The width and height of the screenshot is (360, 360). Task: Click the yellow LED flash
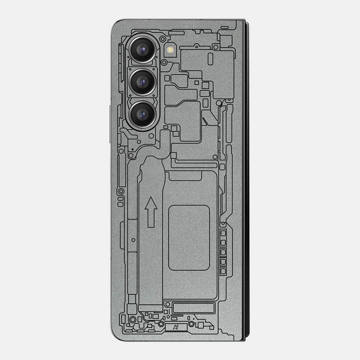click(171, 49)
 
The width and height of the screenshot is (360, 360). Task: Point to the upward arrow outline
click(152, 212)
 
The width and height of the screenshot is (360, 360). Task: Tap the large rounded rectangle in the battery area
click(189, 237)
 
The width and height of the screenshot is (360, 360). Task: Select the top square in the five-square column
click(223, 233)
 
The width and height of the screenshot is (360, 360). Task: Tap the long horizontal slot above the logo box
click(193, 308)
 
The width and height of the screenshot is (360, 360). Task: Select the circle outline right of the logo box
click(192, 324)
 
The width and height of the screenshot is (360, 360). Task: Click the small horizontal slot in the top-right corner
click(225, 27)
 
